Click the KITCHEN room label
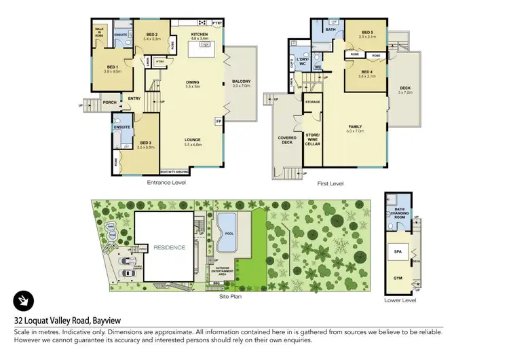tap(199, 34)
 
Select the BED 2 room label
tap(151, 35)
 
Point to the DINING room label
tap(192, 83)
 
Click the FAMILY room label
tap(355, 127)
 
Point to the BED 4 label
tap(367, 71)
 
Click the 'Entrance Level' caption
tap(166, 183)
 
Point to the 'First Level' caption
tap(331, 183)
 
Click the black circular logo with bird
tap(24, 300)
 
